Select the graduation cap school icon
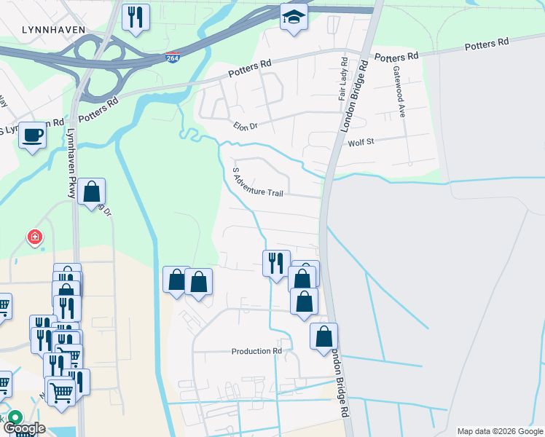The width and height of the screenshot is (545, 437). point(294,17)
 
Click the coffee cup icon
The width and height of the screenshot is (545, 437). point(32,135)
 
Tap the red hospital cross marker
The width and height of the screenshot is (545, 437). point(34,237)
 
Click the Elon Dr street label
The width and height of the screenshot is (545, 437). point(246,125)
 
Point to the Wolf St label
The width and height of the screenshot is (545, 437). point(360,142)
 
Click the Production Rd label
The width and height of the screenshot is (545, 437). point(256,351)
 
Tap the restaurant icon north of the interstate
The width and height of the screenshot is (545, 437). point(135,17)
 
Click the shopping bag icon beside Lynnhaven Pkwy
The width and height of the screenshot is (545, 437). point(92,192)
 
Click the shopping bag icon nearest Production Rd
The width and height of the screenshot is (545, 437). point(324,337)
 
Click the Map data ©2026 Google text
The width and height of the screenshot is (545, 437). point(500,431)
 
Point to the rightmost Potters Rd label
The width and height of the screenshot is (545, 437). point(487,44)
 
